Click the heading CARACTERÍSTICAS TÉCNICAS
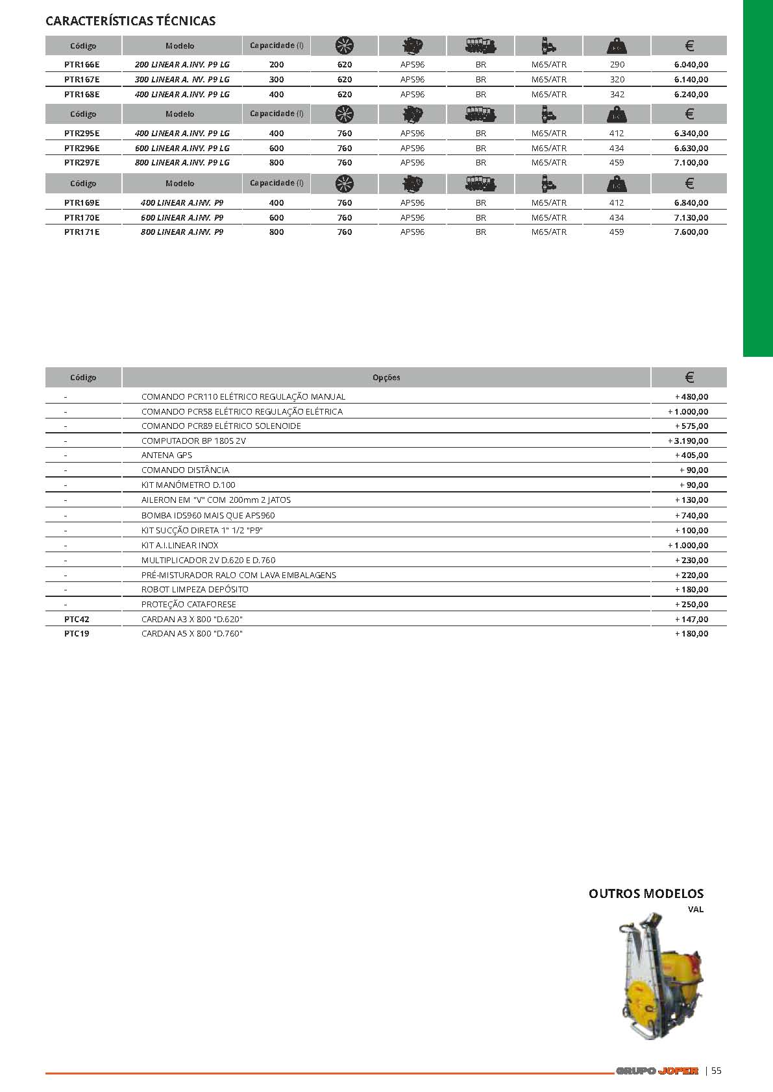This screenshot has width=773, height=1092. coord(130,21)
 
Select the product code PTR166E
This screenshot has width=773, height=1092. coord(82,65)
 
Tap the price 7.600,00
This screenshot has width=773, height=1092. coord(691,232)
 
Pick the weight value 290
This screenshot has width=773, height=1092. coord(617,65)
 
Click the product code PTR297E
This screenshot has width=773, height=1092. coord(82,163)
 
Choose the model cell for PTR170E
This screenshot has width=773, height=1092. coord(182,218)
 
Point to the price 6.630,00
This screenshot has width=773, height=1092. coord(691,149)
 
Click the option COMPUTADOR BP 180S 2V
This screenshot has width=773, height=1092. coord(193,441)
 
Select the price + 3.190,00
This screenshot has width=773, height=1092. coord(688,441)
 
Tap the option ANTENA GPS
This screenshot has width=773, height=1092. coord(167,455)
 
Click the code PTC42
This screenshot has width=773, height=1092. coord(77,620)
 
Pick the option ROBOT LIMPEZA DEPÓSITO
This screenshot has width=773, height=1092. coord(195,590)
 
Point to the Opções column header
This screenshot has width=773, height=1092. coord(386,378)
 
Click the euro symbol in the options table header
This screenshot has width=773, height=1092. coord(689,378)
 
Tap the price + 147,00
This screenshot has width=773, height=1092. coord(691,620)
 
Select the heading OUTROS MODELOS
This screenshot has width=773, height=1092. coord(646,894)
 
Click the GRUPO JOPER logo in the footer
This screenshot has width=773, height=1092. coord(657,1071)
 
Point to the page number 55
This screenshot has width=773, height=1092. coord(717,1071)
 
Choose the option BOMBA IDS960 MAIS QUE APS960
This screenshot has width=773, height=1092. coord(208,516)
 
